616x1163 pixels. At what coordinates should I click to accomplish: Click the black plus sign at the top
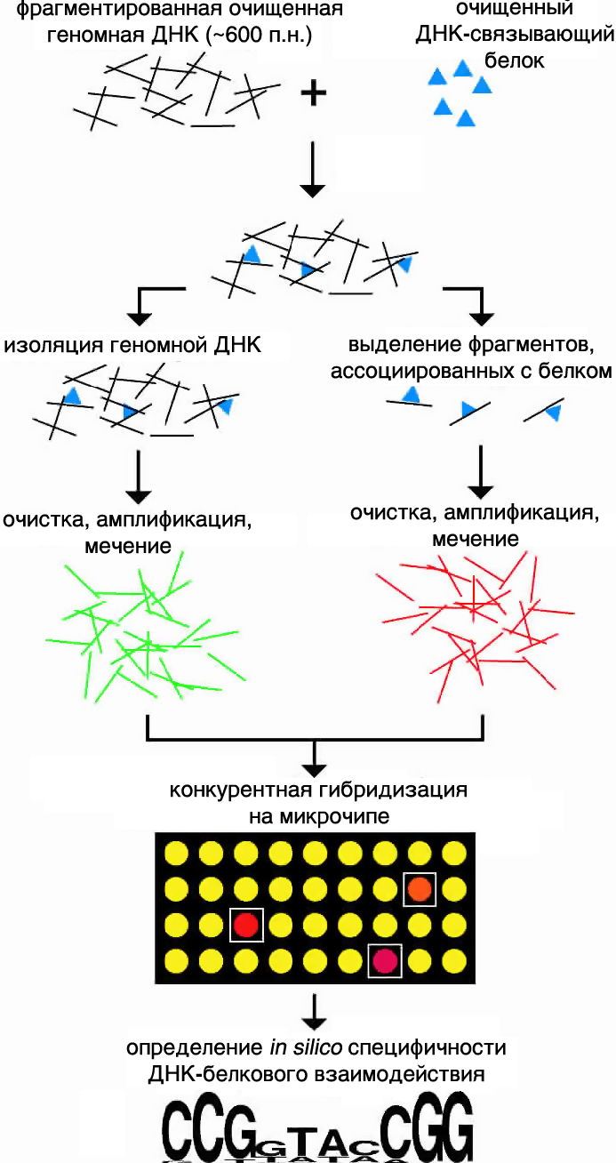point(312,92)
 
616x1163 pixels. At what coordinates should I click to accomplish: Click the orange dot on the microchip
point(420,888)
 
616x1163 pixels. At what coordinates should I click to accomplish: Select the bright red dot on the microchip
point(246,925)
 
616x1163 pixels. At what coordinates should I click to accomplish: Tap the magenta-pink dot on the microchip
point(385,960)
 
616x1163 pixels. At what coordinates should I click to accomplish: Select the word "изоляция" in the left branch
point(46,345)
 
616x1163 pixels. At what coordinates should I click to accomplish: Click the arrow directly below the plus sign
point(313,169)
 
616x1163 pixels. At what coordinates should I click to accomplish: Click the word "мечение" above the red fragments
point(476,539)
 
